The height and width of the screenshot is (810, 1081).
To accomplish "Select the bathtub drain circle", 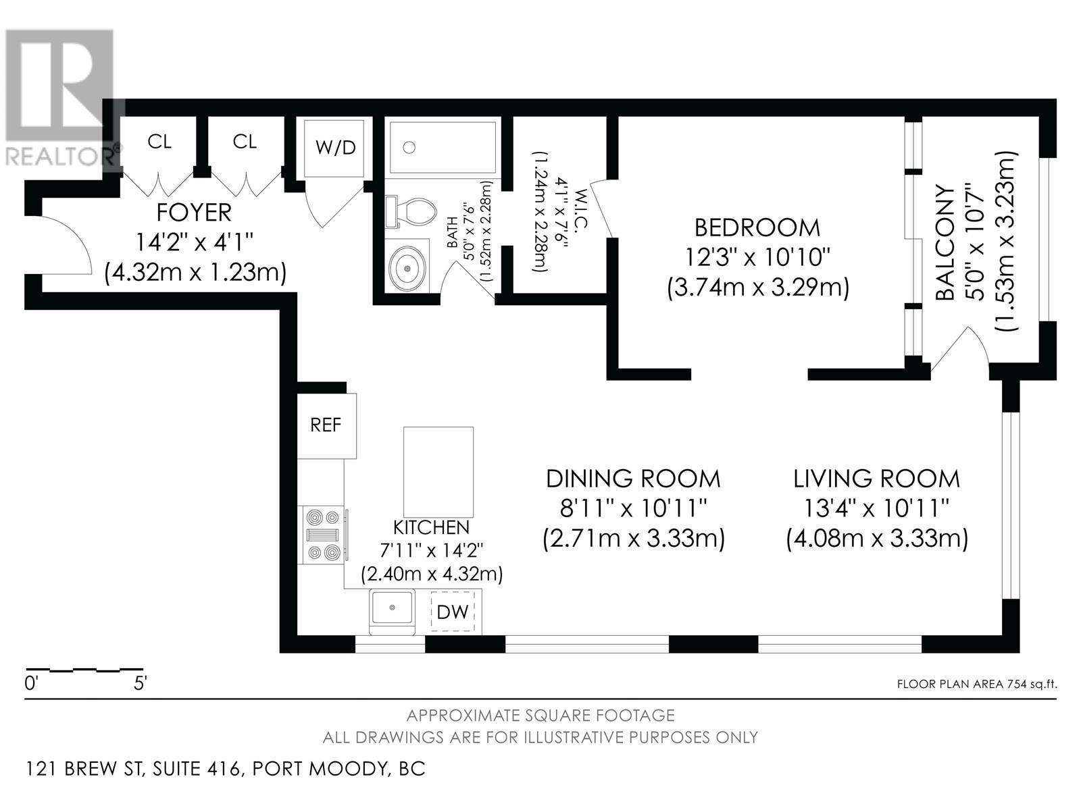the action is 409,147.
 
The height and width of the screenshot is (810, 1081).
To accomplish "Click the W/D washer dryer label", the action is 335,148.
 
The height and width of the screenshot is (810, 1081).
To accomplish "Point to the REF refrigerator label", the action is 326,425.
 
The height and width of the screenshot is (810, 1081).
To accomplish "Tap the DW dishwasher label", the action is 453,612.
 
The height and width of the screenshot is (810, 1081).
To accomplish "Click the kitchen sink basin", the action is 392,608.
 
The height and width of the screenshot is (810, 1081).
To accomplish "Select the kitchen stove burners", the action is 324,535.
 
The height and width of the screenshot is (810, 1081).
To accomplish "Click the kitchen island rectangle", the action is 438,472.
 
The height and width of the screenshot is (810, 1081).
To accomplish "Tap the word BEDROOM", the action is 757,227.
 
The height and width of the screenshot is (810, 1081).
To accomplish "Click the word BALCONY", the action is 945,243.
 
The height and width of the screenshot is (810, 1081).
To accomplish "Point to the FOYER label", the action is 194,213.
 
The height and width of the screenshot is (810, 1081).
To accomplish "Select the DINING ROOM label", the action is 633,479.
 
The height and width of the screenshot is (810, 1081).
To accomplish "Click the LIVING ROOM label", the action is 876,479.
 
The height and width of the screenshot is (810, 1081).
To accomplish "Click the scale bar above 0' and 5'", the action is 84,670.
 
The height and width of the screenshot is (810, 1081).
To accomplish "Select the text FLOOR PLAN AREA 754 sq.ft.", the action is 977,684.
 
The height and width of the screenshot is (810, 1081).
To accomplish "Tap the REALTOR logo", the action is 60,97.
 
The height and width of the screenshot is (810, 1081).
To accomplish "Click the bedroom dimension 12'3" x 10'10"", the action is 757,257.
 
